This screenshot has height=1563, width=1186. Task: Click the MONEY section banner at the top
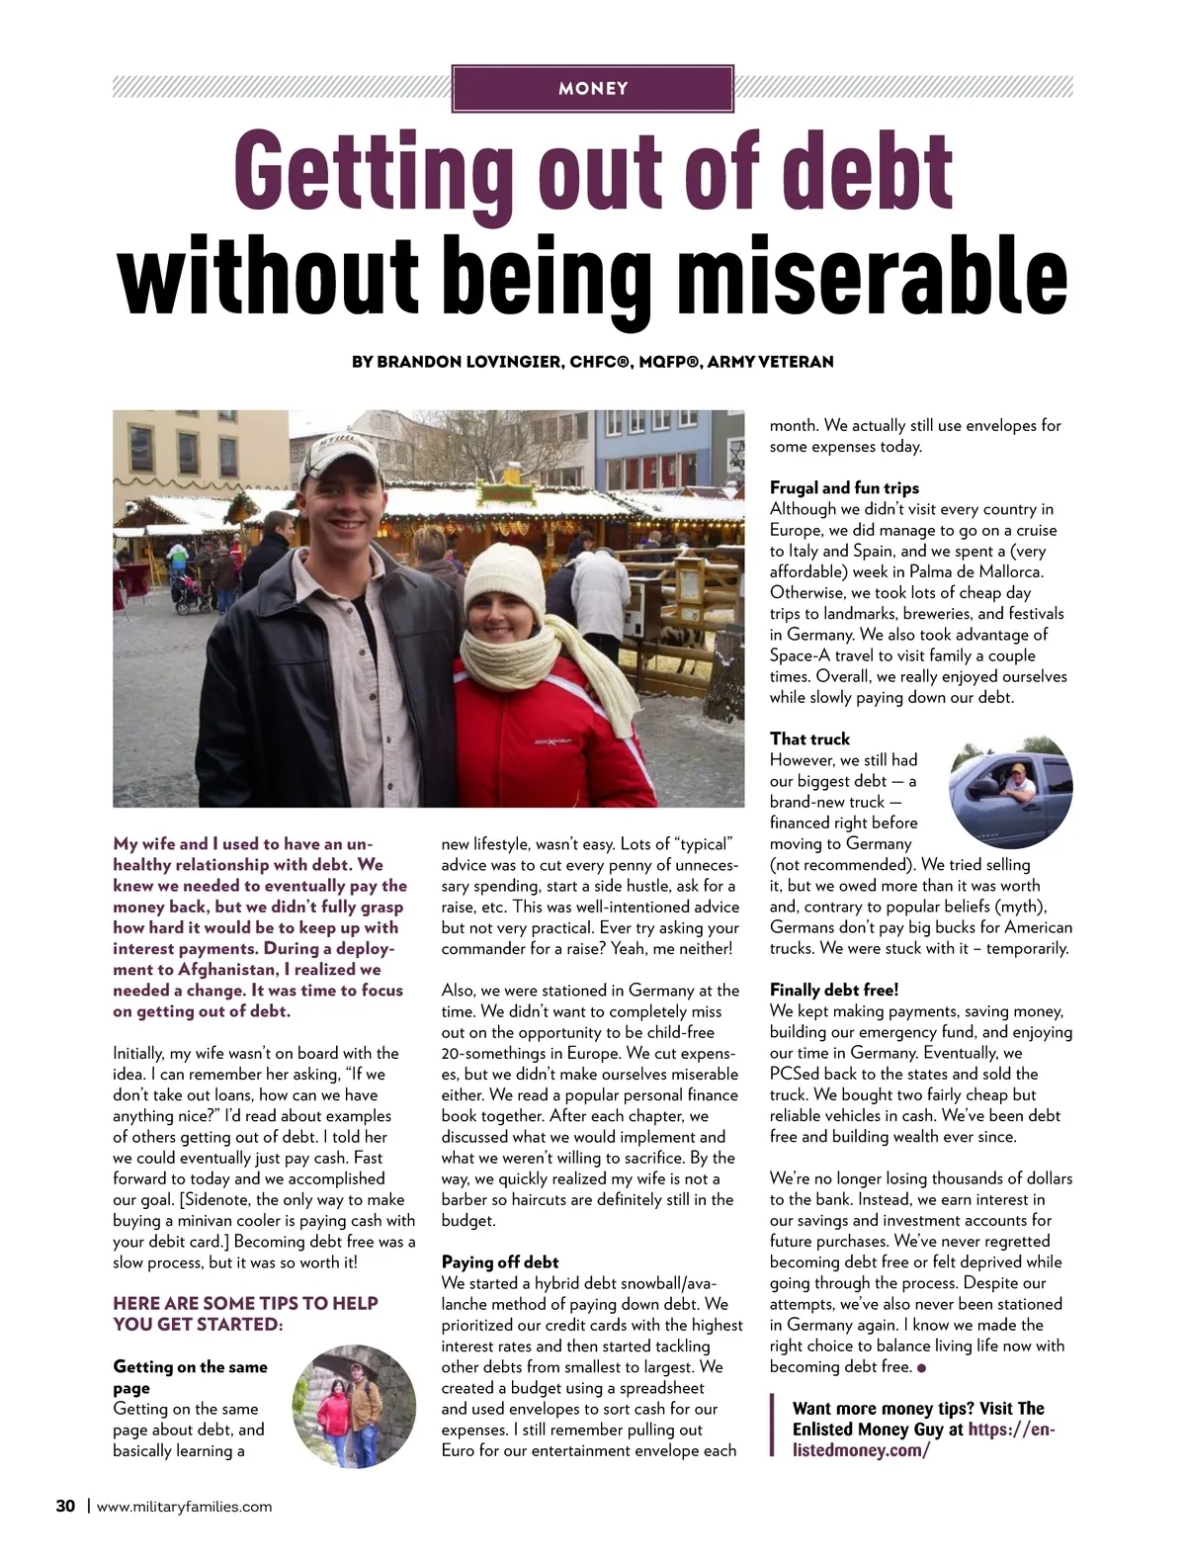[x=593, y=88]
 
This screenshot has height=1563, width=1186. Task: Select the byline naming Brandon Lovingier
[x=593, y=362]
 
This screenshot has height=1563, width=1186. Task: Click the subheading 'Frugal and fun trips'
[x=844, y=488]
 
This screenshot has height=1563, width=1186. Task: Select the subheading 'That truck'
[x=809, y=739]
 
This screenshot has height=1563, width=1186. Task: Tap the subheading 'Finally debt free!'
[x=833, y=991]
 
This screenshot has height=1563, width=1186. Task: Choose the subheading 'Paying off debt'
[x=500, y=1262]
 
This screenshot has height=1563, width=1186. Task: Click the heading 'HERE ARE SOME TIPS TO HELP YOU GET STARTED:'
[x=246, y=1314]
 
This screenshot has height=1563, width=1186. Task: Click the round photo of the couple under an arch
[x=354, y=1406]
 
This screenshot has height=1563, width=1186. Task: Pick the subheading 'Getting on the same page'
[x=190, y=1377]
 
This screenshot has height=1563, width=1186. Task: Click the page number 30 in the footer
[x=65, y=1507]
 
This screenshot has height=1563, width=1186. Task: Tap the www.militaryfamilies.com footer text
[x=185, y=1508]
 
